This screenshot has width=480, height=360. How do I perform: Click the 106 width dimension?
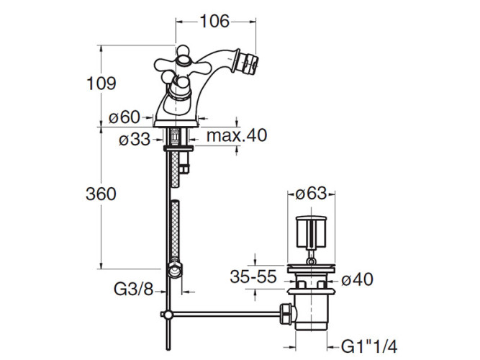214,22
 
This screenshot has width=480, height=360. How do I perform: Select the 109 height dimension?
101,84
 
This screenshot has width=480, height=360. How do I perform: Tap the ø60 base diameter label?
124,117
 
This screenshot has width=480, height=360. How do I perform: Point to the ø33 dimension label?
135,140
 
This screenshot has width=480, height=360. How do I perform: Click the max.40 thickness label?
237,135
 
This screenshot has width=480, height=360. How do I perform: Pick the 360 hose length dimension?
101,194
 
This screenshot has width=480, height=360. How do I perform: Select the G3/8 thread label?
133,289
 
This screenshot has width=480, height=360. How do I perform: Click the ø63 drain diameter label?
311,194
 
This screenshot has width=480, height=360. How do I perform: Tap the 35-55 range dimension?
253,276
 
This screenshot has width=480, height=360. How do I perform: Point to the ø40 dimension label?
357,279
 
